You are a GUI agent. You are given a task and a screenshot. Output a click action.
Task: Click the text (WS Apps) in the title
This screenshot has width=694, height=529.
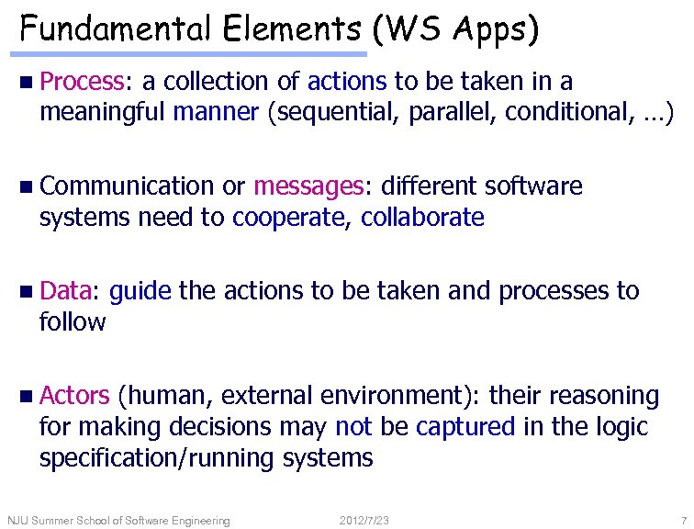tap(455, 29)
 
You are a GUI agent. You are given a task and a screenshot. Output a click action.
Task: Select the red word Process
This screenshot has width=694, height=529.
tap(86, 82)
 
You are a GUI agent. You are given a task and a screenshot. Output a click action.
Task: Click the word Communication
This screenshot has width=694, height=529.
tap(127, 186)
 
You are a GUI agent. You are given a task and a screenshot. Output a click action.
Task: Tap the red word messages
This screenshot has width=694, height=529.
tap(309, 186)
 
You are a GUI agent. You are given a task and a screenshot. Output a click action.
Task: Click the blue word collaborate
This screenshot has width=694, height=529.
tap(422, 218)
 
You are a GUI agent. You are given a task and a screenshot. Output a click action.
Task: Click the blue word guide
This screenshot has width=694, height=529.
tap(140, 291)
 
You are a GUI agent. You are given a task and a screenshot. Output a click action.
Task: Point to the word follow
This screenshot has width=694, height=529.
tap(73, 322)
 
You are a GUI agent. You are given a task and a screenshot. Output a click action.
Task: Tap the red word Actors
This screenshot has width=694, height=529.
tap(75, 396)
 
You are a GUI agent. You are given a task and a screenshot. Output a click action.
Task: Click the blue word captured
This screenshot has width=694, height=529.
tap(465, 427)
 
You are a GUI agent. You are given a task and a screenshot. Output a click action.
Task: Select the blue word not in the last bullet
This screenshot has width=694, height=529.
tap(354, 427)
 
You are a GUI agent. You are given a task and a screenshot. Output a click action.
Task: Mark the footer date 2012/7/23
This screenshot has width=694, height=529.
tap(364, 521)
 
